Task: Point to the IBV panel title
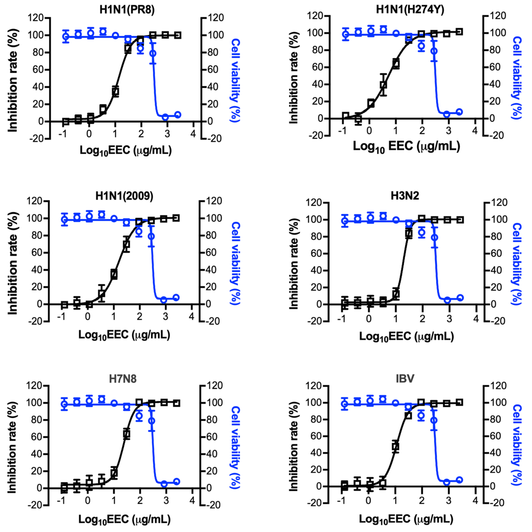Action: [x=405, y=379]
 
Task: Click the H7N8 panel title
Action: [x=123, y=379]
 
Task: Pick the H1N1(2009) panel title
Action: [x=124, y=196]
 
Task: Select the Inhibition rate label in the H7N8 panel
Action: [x=12, y=448]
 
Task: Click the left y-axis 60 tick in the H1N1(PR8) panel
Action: [x=38, y=70]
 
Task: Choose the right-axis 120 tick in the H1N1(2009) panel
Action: [x=214, y=201]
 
